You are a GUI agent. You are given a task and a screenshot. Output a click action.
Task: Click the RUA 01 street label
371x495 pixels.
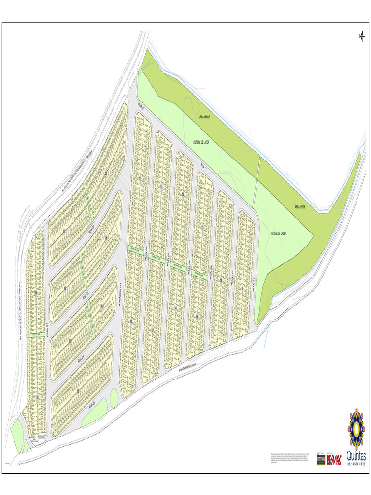point(48,330)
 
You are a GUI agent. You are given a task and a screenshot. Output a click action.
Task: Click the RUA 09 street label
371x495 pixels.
point(211,274)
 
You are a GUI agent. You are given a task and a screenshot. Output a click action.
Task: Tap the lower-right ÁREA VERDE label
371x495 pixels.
point(300,207)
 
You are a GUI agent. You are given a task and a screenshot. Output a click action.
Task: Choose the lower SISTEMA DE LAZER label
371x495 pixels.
point(278,233)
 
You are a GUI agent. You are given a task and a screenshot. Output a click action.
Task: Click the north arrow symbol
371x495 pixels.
point(362,36)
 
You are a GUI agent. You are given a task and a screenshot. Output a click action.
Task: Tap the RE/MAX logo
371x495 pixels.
point(334,459)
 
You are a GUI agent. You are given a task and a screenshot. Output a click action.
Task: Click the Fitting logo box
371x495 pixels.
point(321,459)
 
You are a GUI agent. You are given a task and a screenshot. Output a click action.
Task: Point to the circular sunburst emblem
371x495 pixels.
point(356,427)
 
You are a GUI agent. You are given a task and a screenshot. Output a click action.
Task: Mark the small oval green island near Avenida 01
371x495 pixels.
point(114,398)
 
